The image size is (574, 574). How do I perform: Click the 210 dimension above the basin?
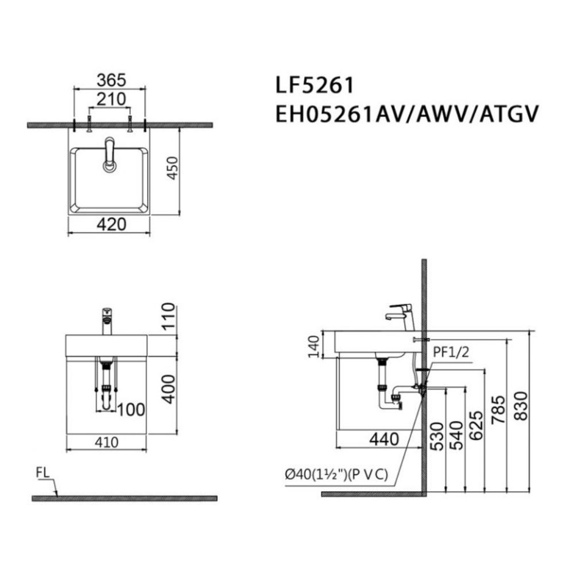pos(110,99)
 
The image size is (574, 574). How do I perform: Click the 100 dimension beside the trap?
pos(131,409)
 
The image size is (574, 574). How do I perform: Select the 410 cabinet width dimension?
pos(107,443)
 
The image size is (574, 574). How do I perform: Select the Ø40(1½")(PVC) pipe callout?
pos(336,474)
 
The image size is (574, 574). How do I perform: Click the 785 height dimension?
pos(498,408)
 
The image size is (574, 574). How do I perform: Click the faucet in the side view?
pos(402,316)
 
